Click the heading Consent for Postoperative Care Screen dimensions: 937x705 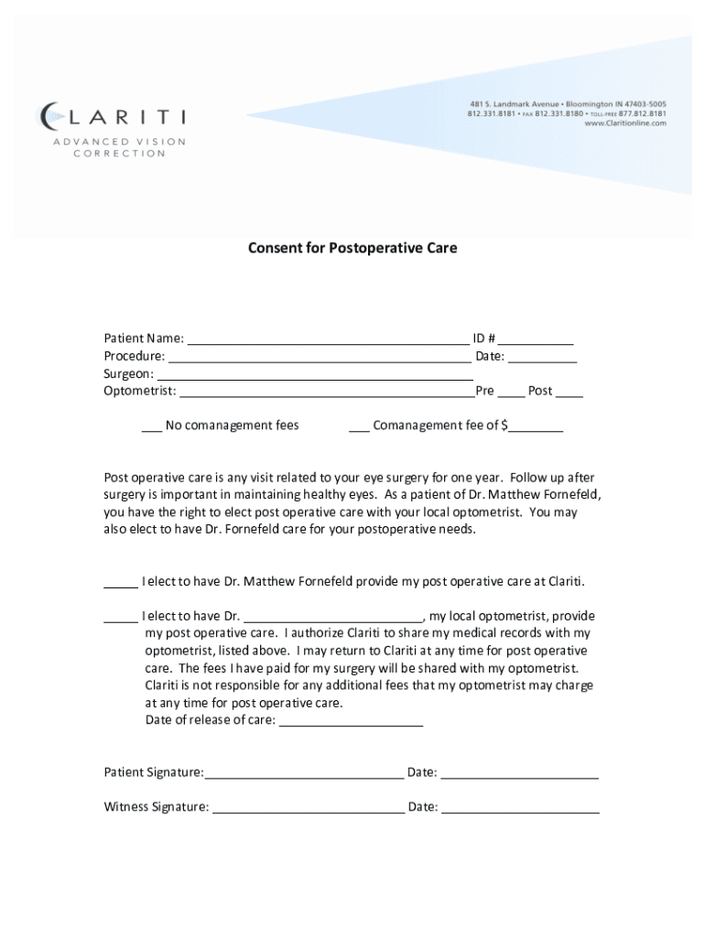coord(352,248)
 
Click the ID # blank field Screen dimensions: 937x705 coord(537,340)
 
